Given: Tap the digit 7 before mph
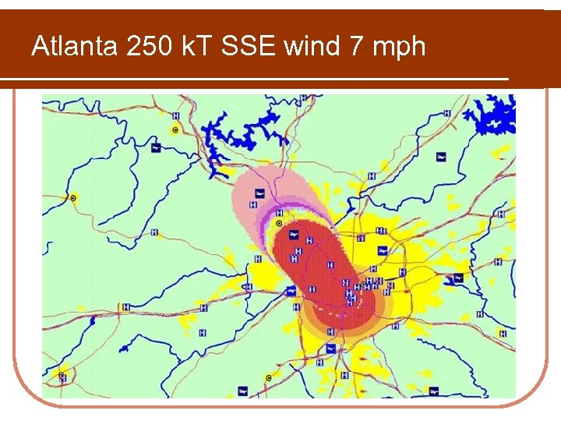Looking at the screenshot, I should pos(355,47).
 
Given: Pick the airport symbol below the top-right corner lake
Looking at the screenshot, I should pos(441,157).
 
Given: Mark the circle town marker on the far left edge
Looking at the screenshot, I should pos(73,198).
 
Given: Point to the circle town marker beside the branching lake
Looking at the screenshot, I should pos(175,129).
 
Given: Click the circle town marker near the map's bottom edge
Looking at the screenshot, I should pos(269,378).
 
